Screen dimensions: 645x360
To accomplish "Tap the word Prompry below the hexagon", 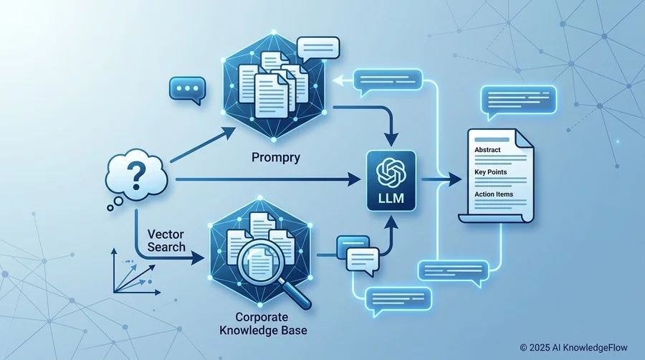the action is pyautogui.click(x=276, y=158).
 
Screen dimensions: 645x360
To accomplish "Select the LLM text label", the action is pyautogui.click(x=391, y=199).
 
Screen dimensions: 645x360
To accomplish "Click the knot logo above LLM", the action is pyautogui.click(x=391, y=172).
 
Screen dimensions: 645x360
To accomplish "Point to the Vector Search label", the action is pyautogui.click(x=166, y=241).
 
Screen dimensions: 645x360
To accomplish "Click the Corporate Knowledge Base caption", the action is pyautogui.click(x=263, y=324).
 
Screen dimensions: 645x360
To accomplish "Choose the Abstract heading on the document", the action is pyautogui.click(x=487, y=150).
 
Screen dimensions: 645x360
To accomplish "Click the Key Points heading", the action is pyautogui.click(x=490, y=172).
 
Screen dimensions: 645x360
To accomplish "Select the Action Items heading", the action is pyautogui.click(x=494, y=194).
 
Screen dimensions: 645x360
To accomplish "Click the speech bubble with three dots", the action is pyautogui.click(x=187, y=90).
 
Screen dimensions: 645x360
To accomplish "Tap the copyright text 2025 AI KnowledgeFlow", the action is pyautogui.click(x=574, y=348).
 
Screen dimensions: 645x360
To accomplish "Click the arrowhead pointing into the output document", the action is pyautogui.click(x=454, y=179).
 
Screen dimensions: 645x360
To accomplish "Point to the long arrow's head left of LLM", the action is pyautogui.click(x=354, y=179).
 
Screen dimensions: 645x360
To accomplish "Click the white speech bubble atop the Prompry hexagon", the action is pyautogui.click(x=318, y=48).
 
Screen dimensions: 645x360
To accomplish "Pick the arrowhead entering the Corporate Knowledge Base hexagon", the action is pyautogui.click(x=198, y=259).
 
